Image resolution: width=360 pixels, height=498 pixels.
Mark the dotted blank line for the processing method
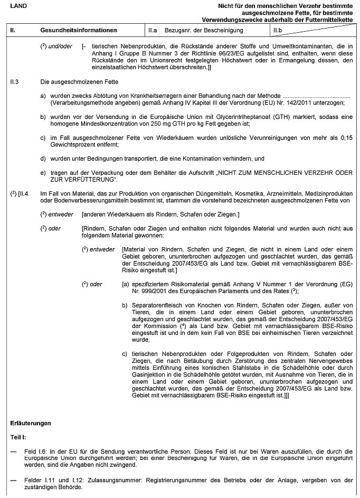[317, 96]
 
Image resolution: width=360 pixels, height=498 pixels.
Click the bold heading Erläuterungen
[31, 424]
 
